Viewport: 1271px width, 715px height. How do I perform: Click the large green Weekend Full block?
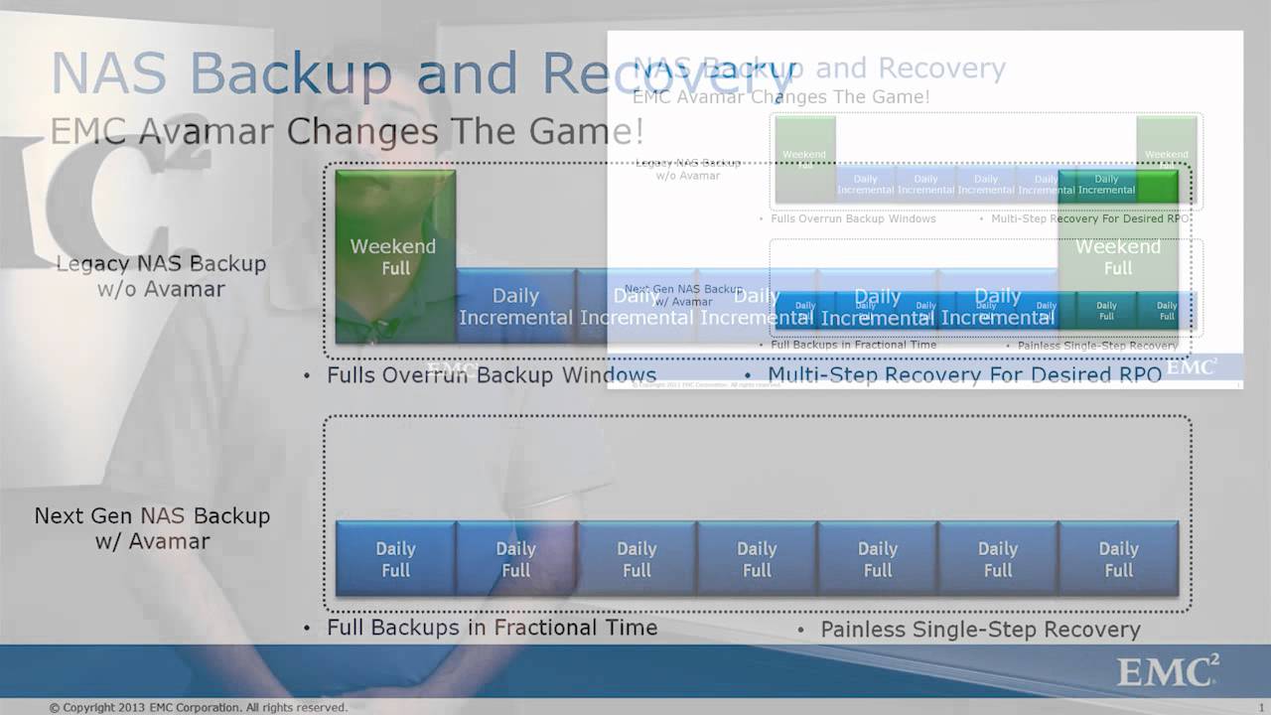click(x=395, y=256)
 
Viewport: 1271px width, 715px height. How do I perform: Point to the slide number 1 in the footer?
click(x=1261, y=708)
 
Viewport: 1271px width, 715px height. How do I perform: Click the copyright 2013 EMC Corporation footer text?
click(x=199, y=708)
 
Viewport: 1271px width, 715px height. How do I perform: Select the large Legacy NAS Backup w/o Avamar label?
click(x=161, y=276)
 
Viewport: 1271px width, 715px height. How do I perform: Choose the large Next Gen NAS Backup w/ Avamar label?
click(x=152, y=528)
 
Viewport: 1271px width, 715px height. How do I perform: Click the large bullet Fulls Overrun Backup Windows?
click(x=491, y=375)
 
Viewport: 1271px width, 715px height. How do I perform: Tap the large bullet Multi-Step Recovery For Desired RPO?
click(x=963, y=374)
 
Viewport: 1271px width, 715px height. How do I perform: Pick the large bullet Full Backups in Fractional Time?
click(x=491, y=628)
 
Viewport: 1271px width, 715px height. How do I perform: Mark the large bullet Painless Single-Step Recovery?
click(x=979, y=630)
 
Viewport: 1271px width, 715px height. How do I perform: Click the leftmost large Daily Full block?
click(x=395, y=559)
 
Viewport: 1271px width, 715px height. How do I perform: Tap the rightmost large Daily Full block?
click(x=1118, y=559)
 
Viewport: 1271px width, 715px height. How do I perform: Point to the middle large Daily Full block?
click(x=757, y=559)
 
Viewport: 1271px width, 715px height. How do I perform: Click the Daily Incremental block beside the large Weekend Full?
click(x=515, y=306)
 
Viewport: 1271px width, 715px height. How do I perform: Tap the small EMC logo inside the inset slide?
click(x=1191, y=367)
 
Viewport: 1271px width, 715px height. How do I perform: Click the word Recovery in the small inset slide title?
click(x=941, y=68)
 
